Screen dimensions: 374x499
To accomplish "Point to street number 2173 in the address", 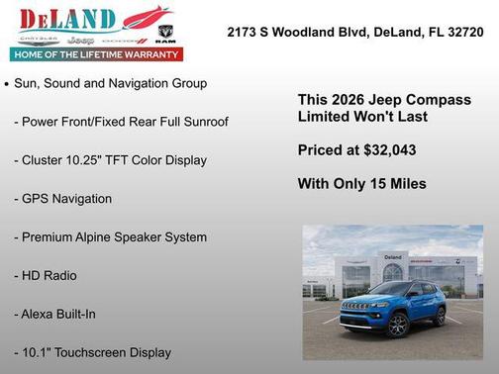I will click(244, 32).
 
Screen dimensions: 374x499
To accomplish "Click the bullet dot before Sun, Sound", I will click(7, 85).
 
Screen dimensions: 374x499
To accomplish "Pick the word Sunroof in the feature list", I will click(203, 122).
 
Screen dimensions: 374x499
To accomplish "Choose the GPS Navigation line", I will click(62, 199).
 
